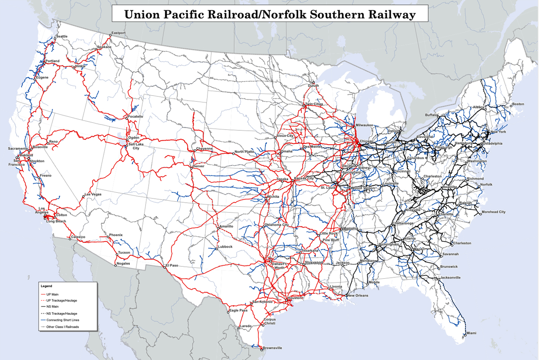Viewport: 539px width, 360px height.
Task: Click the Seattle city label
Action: (62, 36)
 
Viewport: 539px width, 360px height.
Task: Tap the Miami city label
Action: (471, 333)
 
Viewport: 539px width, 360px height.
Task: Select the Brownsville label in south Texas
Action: (273, 348)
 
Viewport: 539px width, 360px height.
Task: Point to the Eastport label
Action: (119, 33)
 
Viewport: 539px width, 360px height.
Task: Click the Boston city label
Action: (518, 104)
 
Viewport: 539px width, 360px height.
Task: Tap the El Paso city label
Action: (172, 265)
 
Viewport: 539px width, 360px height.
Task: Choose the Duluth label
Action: (313, 85)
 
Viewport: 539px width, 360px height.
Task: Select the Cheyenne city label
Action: (204, 149)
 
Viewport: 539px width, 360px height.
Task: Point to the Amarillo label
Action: (226, 226)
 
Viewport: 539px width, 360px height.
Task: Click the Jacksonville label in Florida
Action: (450, 277)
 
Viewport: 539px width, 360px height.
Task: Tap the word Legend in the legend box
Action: (46, 286)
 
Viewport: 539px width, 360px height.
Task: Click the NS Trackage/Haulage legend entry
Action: (59, 313)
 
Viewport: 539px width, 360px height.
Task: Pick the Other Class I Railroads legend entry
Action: (62, 327)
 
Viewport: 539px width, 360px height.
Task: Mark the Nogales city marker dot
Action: (116, 265)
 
